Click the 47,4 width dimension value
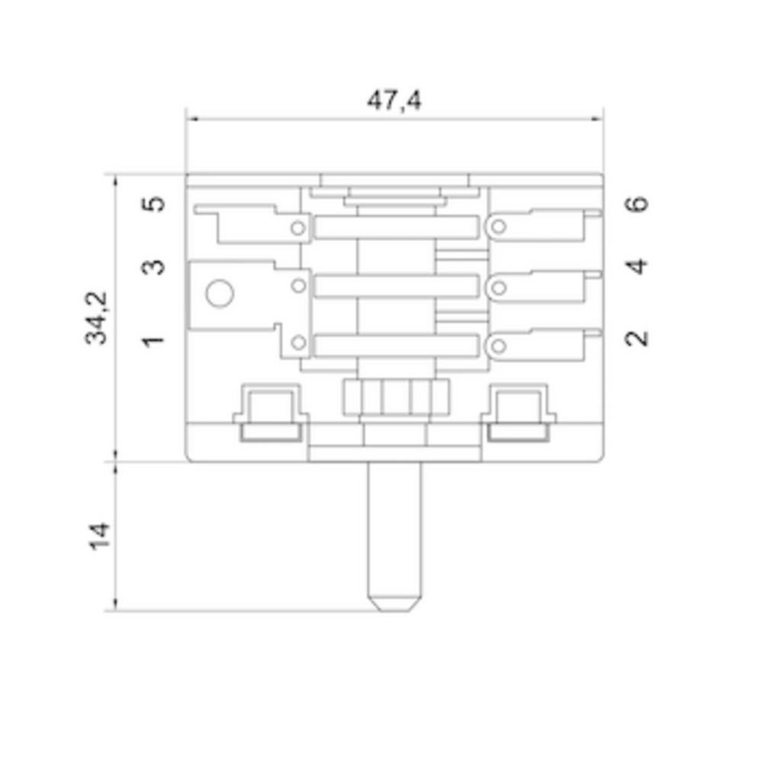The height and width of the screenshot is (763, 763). click(394, 100)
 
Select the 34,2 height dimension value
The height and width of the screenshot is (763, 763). click(97, 317)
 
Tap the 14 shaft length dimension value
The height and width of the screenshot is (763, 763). click(98, 536)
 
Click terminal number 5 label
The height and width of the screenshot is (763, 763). click(155, 204)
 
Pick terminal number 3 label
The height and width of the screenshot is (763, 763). click(155, 267)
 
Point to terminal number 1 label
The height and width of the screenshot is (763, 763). click(155, 340)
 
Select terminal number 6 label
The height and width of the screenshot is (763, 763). click(637, 204)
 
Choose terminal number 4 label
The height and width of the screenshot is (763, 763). click(637, 266)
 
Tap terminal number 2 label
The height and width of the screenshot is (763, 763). click(637, 337)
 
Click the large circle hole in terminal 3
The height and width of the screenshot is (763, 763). click(219, 294)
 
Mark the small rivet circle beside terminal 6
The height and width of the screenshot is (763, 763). click(498, 227)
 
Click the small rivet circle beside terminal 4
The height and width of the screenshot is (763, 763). click(498, 287)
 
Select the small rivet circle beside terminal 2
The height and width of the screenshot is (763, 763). click(498, 346)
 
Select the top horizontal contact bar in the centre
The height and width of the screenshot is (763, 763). click(393, 227)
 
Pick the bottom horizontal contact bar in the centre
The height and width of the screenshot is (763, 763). click(393, 346)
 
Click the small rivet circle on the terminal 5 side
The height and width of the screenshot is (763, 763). click(298, 227)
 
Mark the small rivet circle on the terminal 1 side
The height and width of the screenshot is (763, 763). click(298, 343)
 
